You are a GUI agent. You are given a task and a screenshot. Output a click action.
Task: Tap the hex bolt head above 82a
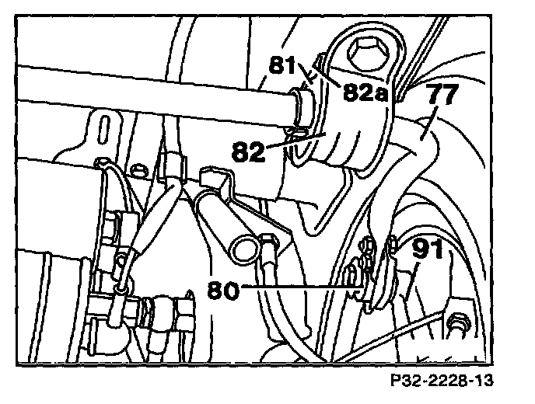(365, 54)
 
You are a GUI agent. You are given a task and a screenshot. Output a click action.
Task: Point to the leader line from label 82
(283, 142)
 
